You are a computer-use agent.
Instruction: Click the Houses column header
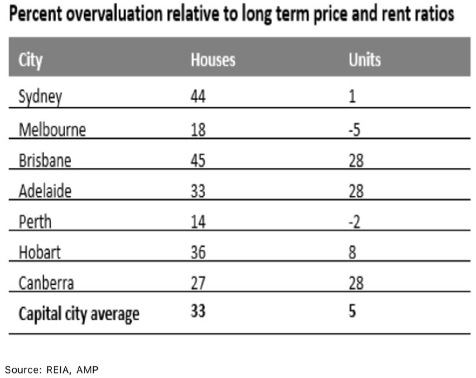point(213,60)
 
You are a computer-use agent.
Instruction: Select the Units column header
point(364,60)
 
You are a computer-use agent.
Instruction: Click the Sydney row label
point(40,97)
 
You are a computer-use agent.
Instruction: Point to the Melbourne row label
point(52,130)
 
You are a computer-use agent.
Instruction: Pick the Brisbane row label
point(45,160)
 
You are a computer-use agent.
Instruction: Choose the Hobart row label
point(40,252)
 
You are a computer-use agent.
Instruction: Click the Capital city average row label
point(79,314)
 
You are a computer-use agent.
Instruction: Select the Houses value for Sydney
point(198,96)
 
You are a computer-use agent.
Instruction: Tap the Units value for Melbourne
point(354,130)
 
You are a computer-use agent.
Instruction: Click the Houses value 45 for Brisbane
point(198,160)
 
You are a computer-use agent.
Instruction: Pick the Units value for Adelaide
point(356,191)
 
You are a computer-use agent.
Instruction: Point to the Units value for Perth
point(354,222)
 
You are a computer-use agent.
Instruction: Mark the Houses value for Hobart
point(198,252)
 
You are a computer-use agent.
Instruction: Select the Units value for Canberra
point(356,283)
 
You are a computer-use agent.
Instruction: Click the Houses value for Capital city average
point(198,311)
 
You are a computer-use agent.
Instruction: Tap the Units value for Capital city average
point(352,311)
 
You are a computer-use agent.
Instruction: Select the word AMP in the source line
point(87,370)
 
